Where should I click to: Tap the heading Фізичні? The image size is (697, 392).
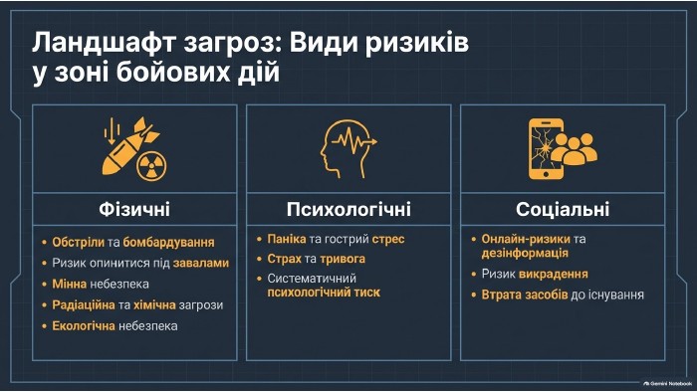pyautogui.click(x=134, y=209)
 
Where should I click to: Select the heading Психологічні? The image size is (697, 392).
pyautogui.click(x=348, y=209)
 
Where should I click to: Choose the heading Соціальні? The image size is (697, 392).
pyautogui.click(x=563, y=209)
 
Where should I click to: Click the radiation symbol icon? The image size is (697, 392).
pyautogui.click(x=151, y=166)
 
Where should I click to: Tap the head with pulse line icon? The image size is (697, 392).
pyautogui.click(x=348, y=148)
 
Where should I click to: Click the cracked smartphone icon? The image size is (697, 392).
pyautogui.click(x=545, y=149)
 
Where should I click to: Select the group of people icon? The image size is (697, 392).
pyautogui.click(x=575, y=148)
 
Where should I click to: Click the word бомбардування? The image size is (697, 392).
pyautogui.click(x=168, y=242)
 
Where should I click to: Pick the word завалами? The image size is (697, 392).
pyautogui.click(x=201, y=263)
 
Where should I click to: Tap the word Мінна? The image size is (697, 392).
pyautogui.click(x=70, y=284)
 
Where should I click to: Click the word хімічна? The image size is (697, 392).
pyautogui.click(x=154, y=305)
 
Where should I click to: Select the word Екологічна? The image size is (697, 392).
pyautogui.click(x=84, y=326)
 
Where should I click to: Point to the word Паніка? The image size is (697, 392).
pyautogui.click(x=287, y=239)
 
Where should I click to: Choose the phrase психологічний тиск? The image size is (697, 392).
pyautogui.click(x=324, y=293)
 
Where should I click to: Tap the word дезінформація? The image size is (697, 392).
pyautogui.click(x=525, y=253)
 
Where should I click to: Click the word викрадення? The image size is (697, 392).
pyautogui.click(x=554, y=274)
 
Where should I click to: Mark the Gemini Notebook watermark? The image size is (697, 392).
pyautogui.click(x=668, y=383)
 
